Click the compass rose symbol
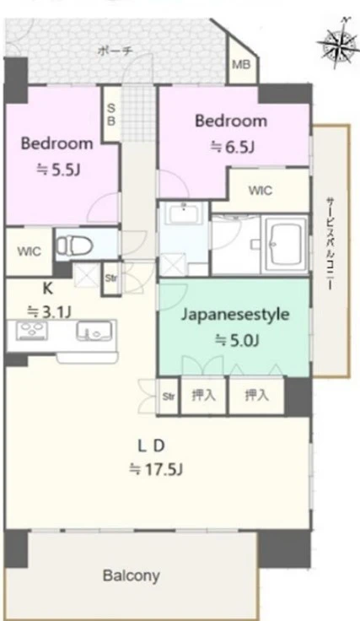coord(337,42)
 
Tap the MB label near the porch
coord(241,64)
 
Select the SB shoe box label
coord(111,115)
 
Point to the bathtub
coord(284,243)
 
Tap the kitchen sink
coord(94,330)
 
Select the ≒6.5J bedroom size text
coord(232,147)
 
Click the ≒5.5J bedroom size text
coord(58,170)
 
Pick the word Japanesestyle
coord(235,316)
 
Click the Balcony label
coord(132,575)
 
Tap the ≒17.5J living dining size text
coord(155,470)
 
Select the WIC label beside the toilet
coord(29,251)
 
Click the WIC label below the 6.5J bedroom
coord(261,191)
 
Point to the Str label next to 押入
coord(169,396)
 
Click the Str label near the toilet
coord(111,278)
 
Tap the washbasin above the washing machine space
coord(185,213)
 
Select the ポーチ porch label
coord(115,51)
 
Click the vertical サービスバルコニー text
coord(330,244)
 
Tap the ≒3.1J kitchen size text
coord(49,312)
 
